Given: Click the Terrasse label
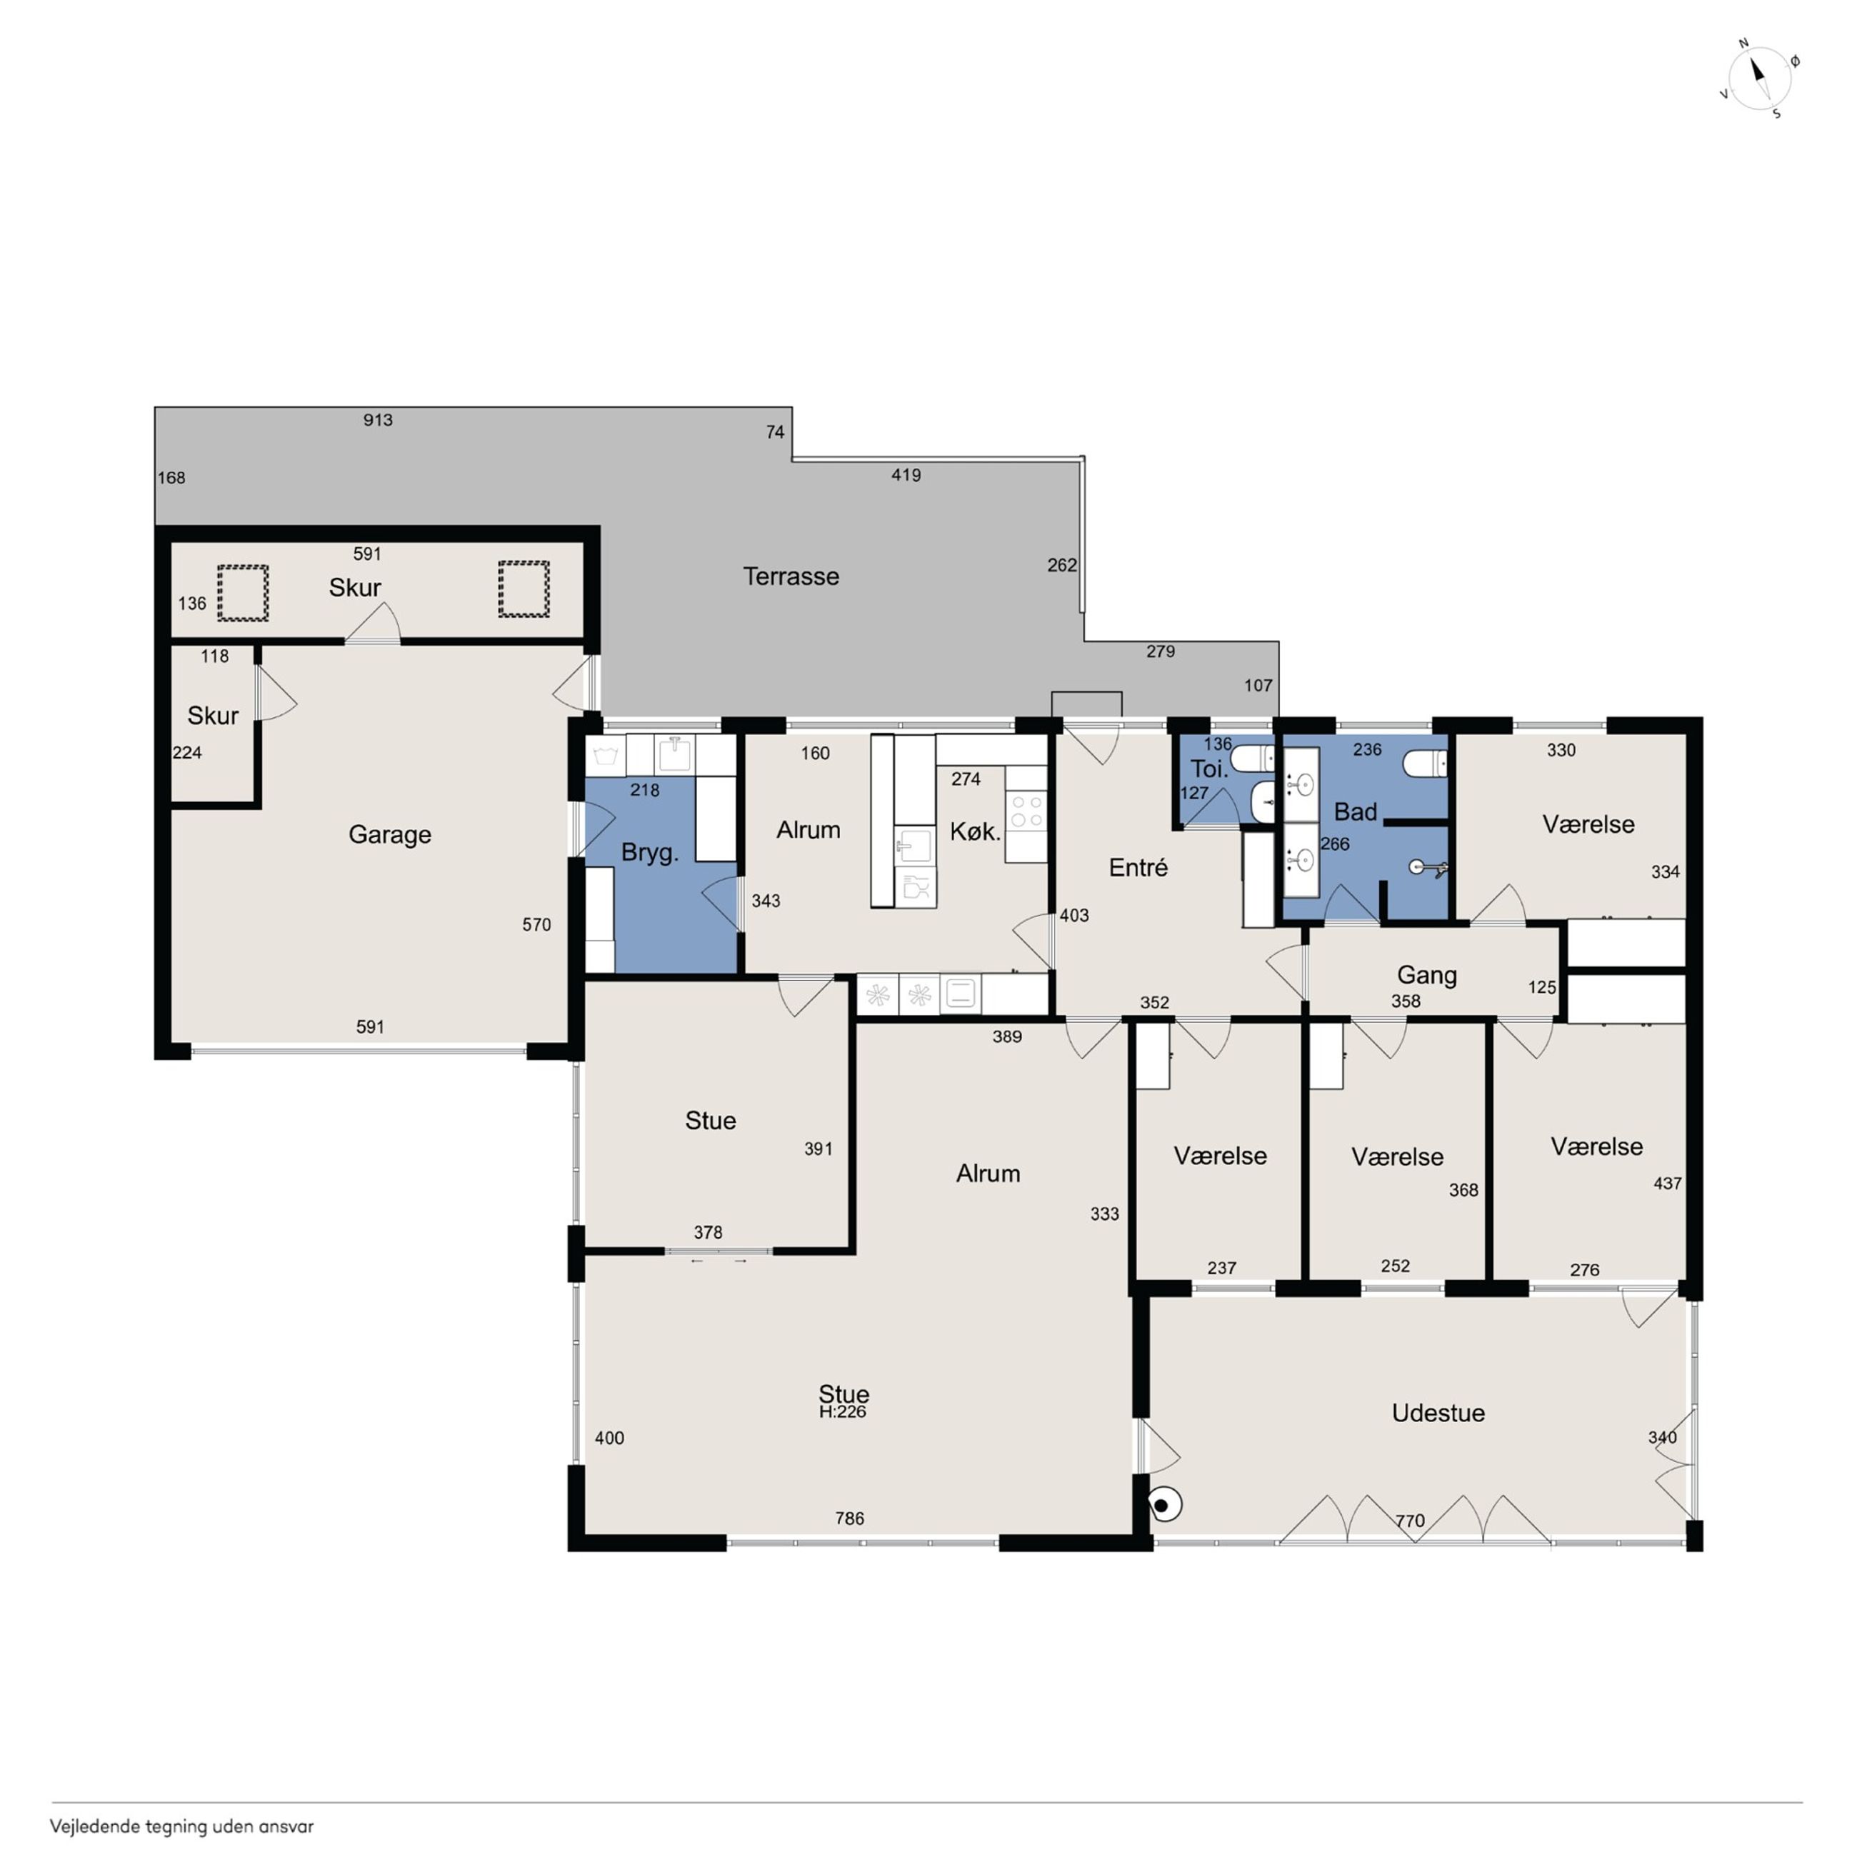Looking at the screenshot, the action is (791, 576).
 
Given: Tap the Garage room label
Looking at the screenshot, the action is (389, 835).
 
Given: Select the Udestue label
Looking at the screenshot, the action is (1438, 1413).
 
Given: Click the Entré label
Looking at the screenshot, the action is (1138, 868).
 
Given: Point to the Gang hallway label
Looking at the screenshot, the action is (1426, 976).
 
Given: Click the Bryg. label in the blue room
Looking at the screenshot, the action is (650, 854).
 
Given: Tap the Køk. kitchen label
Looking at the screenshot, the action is (975, 831).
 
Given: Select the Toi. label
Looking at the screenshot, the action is (1209, 769).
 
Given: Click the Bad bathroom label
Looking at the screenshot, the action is (1356, 812).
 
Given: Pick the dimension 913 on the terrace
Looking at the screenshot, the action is (378, 420).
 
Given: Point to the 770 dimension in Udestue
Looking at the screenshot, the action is (1410, 1521).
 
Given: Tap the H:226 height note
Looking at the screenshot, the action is (843, 1412).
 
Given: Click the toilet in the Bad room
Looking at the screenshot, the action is (1424, 764).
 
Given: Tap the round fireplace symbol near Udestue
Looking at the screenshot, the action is (1165, 1505).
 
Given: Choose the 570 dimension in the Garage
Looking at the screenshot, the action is (536, 925).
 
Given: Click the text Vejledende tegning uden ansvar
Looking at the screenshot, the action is (181, 1826).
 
